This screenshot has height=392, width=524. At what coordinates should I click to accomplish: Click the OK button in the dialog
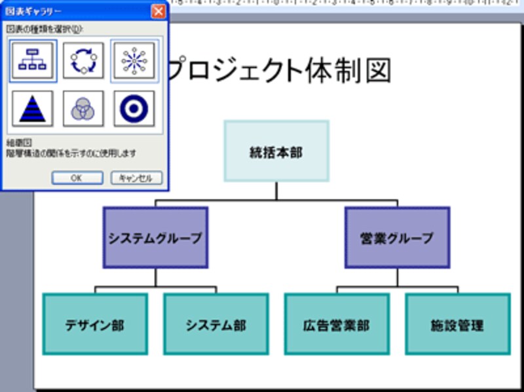[77, 178]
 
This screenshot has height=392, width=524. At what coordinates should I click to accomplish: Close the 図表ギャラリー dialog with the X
[158, 11]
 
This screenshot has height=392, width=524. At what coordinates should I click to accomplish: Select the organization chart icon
[33, 61]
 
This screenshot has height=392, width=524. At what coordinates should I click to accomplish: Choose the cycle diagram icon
[83, 61]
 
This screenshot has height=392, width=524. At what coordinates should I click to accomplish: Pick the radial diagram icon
[134, 61]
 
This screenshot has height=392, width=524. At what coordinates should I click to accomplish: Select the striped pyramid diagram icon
[33, 108]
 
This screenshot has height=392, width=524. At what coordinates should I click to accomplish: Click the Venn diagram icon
[83, 108]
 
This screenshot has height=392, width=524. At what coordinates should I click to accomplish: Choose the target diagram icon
[134, 108]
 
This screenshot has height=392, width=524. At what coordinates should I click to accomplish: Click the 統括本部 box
[276, 151]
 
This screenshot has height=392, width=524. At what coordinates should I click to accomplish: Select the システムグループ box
[155, 238]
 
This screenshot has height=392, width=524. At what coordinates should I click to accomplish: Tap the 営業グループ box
[397, 238]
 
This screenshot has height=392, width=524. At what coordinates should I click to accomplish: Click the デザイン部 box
[94, 324]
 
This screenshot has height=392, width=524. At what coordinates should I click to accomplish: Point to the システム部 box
[215, 324]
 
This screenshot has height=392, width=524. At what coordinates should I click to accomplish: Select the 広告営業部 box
[337, 324]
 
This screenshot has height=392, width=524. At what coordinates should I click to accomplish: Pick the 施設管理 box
[457, 324]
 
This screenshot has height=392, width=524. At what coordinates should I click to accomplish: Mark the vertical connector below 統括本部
[276, 189]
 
